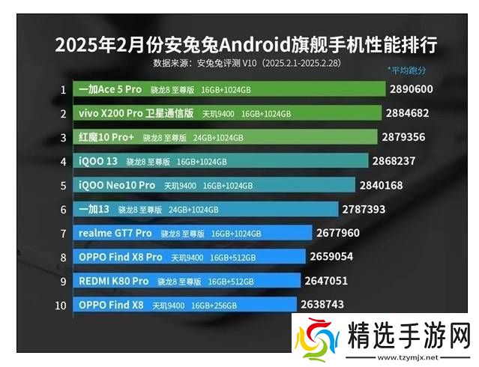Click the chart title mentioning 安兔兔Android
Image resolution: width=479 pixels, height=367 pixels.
[246, 44]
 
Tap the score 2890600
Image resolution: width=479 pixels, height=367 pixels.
[411, 89]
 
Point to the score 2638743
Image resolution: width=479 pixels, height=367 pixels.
[322, 305]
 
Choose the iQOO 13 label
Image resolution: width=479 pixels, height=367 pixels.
[97, 161]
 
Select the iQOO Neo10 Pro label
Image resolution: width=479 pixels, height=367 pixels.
[116, 185]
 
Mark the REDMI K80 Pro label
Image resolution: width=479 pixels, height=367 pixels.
[113, 281]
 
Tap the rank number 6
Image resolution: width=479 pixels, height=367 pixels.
[64, 209]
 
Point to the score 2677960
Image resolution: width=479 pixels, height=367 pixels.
[343, 233]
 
